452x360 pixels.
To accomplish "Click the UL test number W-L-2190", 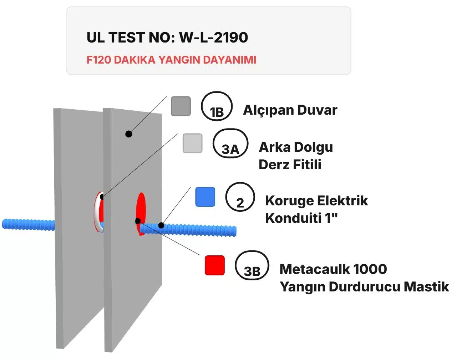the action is coord(214,37).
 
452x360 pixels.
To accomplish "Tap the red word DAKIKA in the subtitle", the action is coord(134,60).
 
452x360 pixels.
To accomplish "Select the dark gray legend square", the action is coord(181,106).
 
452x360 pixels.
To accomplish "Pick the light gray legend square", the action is coord(193,143).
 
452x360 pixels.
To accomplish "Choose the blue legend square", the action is coord(205,197).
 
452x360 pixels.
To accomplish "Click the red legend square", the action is coord(215,265).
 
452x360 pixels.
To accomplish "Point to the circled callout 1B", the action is coord(217,106).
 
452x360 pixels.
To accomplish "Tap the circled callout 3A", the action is coord(230,143).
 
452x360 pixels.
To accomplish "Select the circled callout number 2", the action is coord(240,197).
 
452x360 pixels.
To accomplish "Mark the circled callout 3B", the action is coord(252,265).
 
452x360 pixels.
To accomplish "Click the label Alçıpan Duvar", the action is coord(290,110).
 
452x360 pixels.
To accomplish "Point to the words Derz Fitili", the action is coord(290,164).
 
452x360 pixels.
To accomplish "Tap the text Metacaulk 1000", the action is coord(333,269).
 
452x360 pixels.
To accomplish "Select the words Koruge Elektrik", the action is coord(316,201).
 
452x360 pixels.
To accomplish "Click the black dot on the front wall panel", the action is coord(129,134).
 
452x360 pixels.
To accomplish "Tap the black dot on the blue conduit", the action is coord(161,225).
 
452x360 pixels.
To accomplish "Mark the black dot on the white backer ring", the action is coord(102,197).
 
